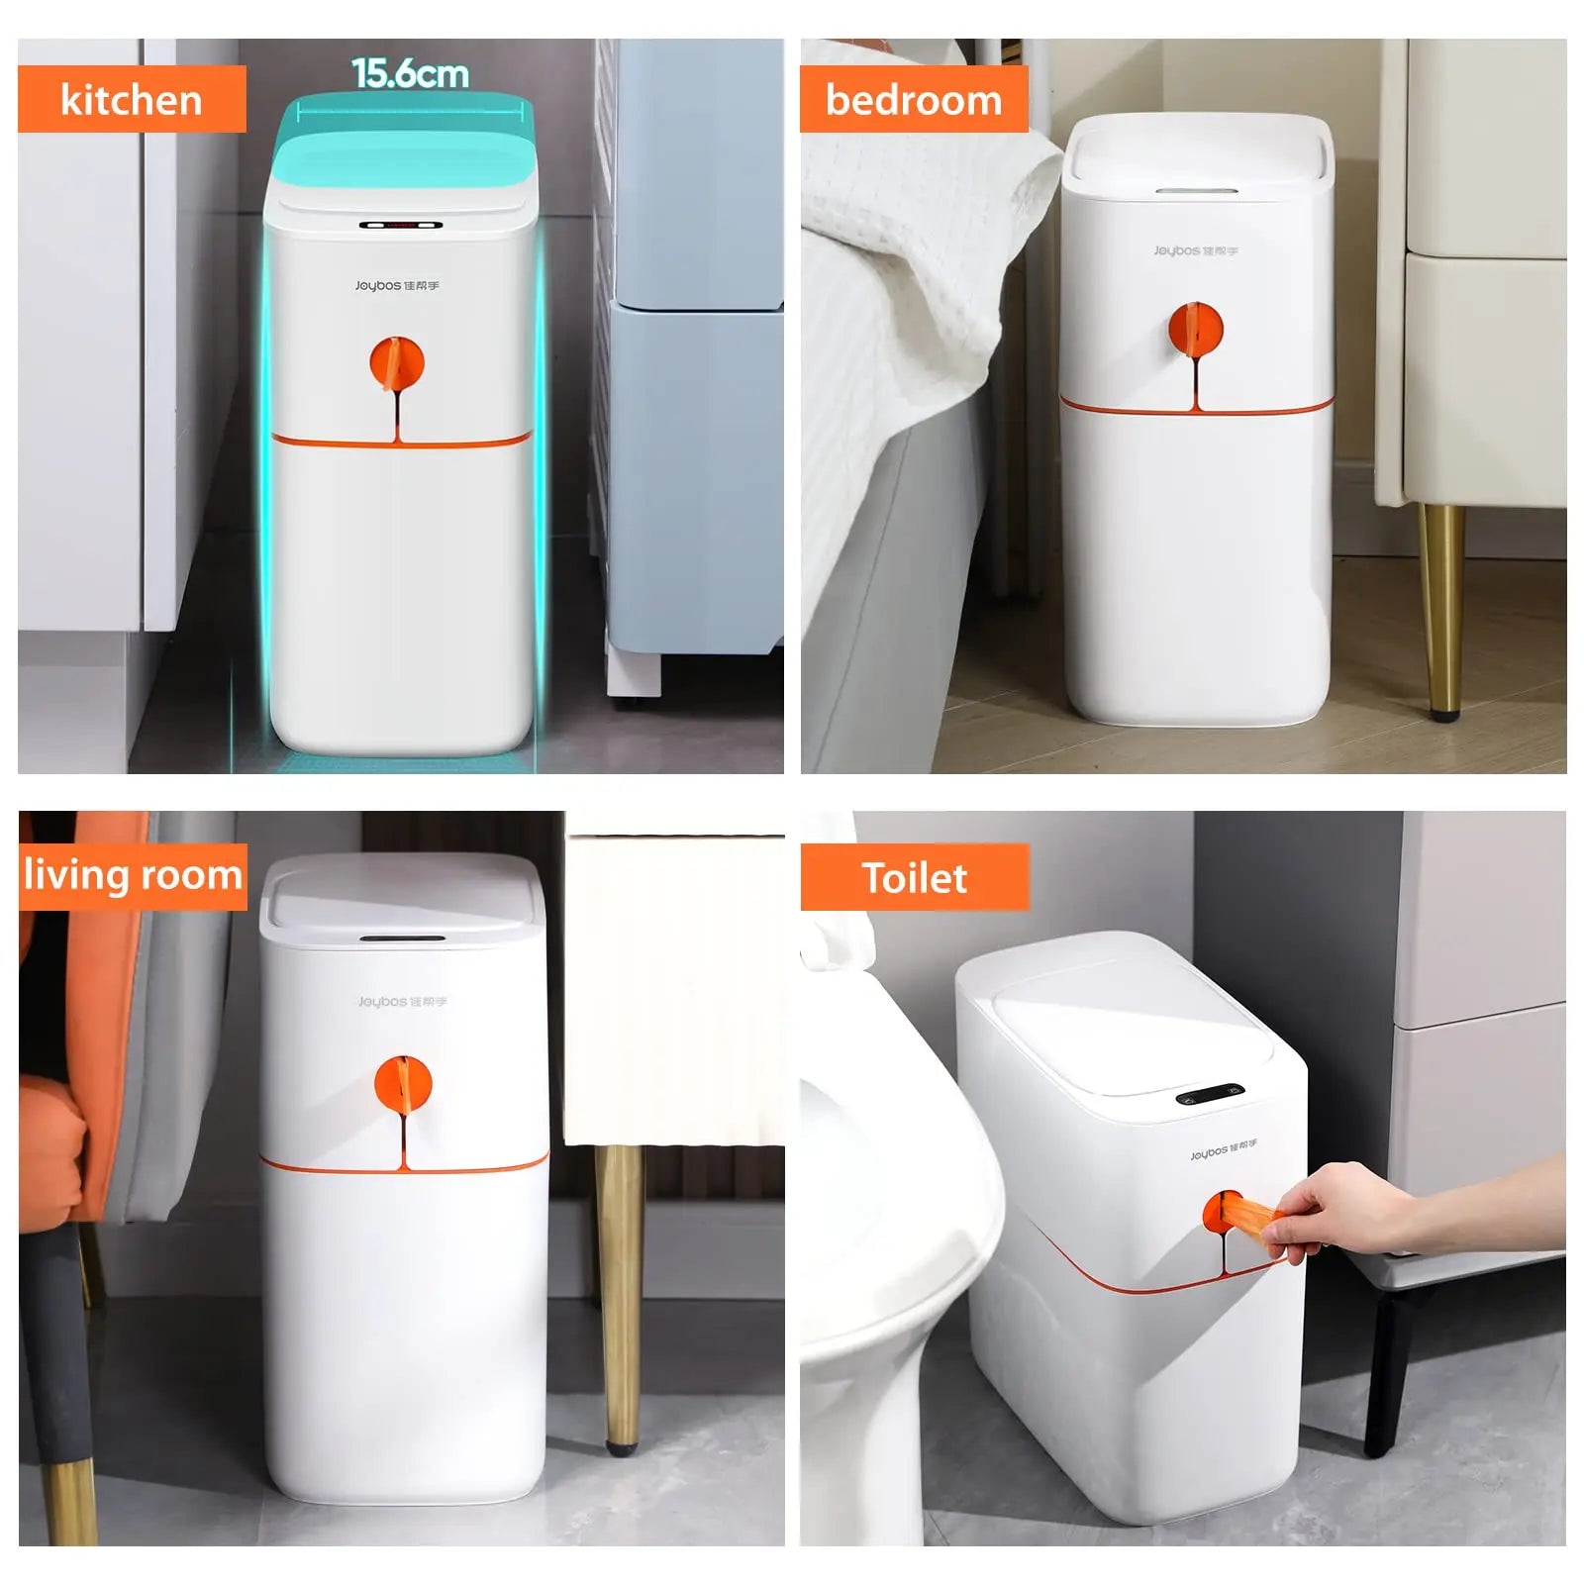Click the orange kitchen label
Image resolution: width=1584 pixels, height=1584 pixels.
[x=132, y=99]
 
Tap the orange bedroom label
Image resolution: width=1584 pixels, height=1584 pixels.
[x=913, y=99]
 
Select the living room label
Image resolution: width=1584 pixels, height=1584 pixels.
[x=133, y=876]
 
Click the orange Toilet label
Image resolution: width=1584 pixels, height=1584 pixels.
[x=914, y=877]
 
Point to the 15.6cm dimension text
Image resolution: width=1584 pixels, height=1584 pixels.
[x=410, y=73]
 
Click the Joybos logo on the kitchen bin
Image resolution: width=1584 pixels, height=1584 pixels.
[x=397, y=286]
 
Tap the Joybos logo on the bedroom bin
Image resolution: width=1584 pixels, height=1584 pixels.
[x=1195, y=251]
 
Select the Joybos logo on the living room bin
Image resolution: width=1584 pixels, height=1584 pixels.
[x=402, y=1002]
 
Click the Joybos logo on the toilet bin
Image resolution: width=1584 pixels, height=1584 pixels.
[x=1224, y=1150]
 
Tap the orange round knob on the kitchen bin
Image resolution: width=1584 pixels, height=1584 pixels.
[x=397, y=363]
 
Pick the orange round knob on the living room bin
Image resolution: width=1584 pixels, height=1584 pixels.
[x=403, y=1084]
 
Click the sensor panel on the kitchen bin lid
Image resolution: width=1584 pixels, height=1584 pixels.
[x=400, y=225]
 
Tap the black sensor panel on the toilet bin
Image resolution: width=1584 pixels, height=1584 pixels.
[x=1210, y=1095]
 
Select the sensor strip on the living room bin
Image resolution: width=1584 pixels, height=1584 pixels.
[x=401, y=938]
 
